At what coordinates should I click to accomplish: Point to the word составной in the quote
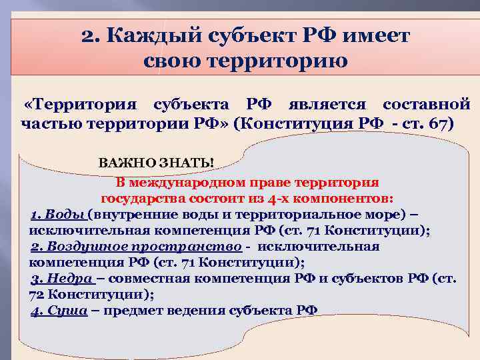tap(426, 105)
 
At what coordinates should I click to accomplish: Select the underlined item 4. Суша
tap(59, 310)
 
